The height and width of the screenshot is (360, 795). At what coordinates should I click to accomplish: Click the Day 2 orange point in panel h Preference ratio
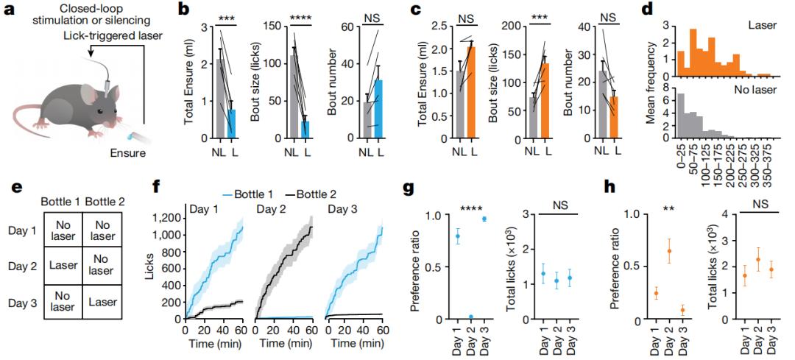pyautogui.click(x=668, y=251)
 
